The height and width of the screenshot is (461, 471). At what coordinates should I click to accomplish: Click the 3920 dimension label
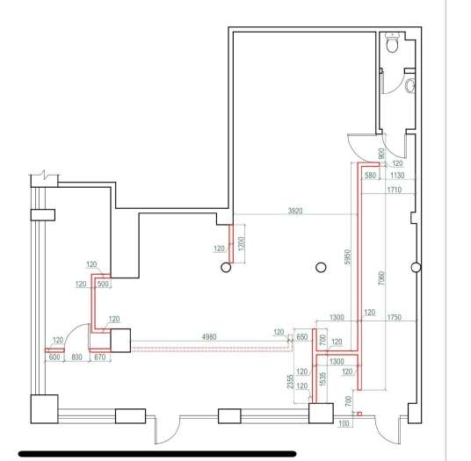coord(295,211)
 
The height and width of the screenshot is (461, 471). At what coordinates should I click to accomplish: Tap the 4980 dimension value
coord(209,337)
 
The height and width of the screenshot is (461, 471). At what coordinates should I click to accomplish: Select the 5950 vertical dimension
coord(347,257)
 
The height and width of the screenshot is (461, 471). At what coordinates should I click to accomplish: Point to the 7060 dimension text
coord(381,278)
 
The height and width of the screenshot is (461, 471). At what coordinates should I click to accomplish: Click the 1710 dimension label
coord(394,190)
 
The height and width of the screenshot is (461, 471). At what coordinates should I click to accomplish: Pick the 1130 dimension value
coord(397,176)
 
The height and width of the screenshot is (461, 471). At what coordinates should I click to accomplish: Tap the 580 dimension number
coord(370,176)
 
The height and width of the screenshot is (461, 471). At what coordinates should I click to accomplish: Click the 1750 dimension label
coord(394,317)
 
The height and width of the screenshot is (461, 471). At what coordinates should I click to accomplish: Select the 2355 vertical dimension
coord(290,381)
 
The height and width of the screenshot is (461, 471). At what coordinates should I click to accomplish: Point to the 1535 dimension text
coord(322,378)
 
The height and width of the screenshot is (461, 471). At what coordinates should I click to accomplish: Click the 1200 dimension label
coord(241,244)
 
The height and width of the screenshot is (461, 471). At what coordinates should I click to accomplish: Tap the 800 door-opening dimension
coord(77,357)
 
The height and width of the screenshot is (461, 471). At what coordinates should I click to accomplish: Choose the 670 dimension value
coord(99,357)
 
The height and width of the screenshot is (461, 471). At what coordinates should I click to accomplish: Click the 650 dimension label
coord(302,337)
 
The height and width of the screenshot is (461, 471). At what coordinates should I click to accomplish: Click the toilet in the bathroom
coord(392,43)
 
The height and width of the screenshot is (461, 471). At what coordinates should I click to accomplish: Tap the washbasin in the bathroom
coord(410,85)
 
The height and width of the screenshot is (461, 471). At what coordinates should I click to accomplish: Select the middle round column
coord(321,267)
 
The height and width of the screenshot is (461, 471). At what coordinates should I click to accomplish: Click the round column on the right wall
coord(416,267)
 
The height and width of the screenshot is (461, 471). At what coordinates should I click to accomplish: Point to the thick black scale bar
coord(157,453)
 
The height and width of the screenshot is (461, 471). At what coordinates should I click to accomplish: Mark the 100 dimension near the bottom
coord(344,423)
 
